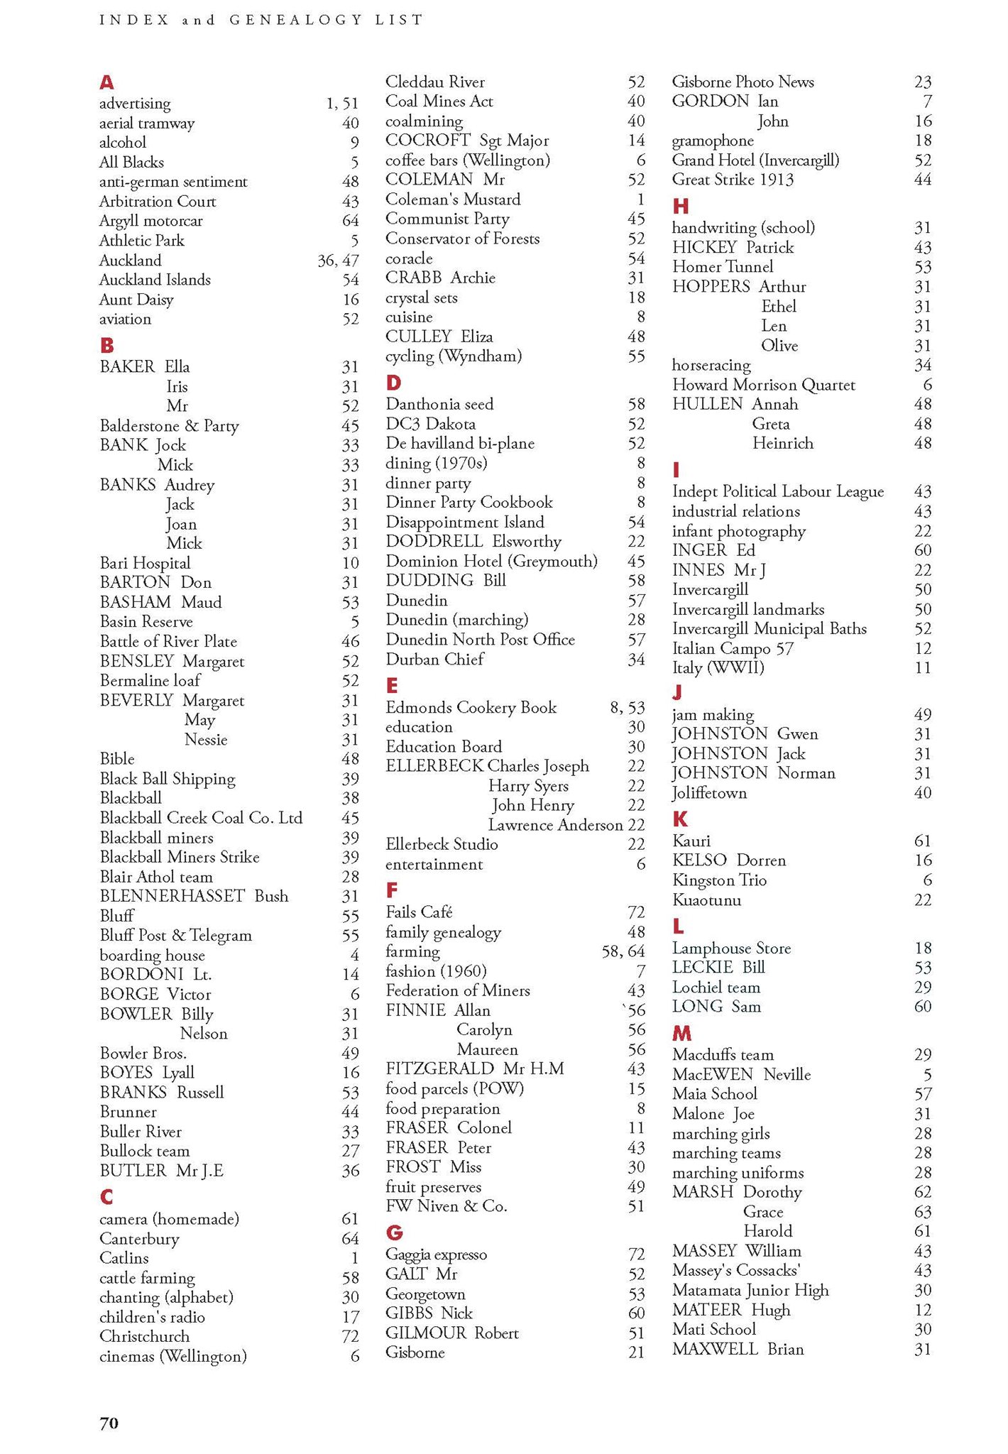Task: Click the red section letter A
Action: [x=106, y=82]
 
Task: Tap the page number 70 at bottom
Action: [x=109, y=1423]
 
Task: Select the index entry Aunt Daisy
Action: [x=136, y=300]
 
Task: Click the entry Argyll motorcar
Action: [x=150, y=221]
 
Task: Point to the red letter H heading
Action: [x=680, y=207]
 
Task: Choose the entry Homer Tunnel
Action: [x=723, y=267]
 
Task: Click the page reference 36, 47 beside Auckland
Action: [x=338, y=261]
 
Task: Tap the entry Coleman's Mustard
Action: [x=453, y=199]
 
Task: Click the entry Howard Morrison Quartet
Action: [x=763, y=385]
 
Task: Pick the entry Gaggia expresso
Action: [x=436, y=1255]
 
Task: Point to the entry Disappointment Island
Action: [x=465, y=522]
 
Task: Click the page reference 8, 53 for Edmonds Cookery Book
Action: [x=627, y=708]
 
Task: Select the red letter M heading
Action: [x=681, y=1033]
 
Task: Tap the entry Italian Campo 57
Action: [x=733, y=648]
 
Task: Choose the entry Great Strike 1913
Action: [x=733, y=180]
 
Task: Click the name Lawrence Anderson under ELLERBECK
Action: [x=555, y=825]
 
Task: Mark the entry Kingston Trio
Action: [x=719, y=880]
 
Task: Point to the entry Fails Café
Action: [x=419, y=912]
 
